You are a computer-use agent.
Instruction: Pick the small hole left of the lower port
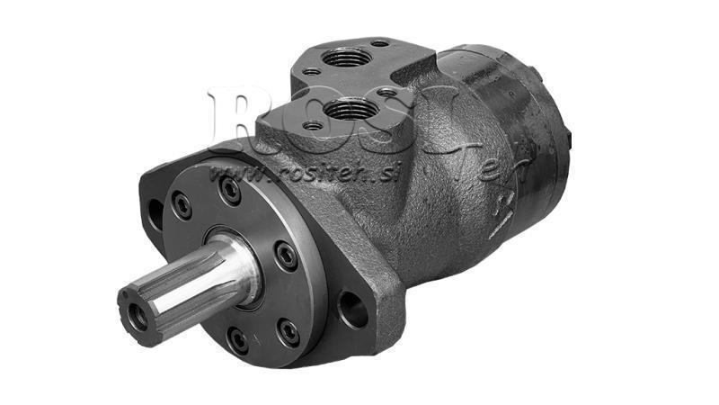312,125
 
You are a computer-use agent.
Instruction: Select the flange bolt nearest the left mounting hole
182,206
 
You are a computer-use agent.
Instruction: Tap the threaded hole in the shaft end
138,315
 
